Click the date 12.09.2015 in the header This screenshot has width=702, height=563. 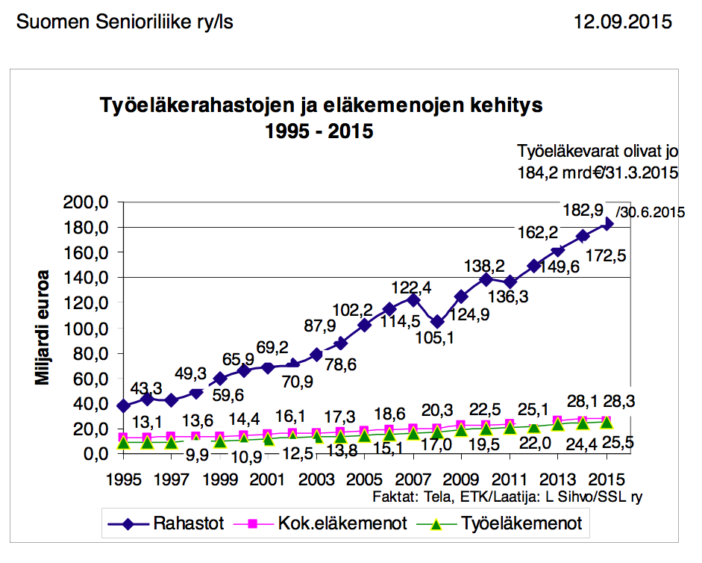pyautogui.click(x=623, y=22)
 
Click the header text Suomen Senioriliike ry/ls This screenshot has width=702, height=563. pyautogui.click(x=125, y=22)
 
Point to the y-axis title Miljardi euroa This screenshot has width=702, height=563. pyautogui.click(x=43, y=327)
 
